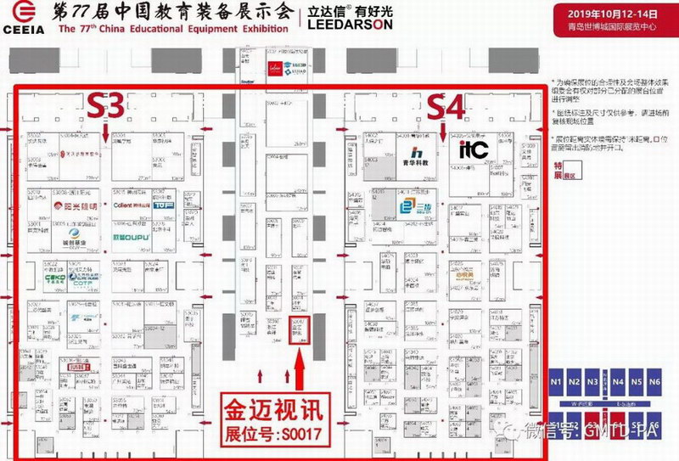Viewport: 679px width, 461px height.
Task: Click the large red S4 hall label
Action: (x=446, y=107)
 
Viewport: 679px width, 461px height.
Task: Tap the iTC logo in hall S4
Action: (x=472, y=150)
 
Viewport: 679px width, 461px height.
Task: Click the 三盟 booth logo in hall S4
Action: (x=417, y=207)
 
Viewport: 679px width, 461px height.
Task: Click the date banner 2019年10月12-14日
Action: (x=602, y=14)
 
